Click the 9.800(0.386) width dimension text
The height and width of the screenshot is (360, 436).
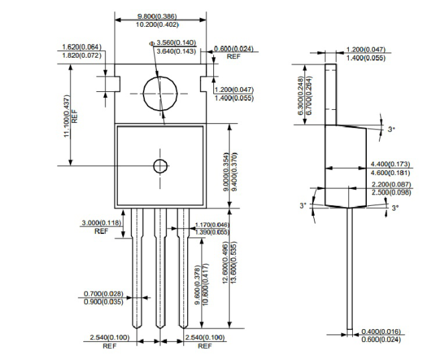point(157,16)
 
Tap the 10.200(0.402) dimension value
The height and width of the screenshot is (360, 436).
point(157,25)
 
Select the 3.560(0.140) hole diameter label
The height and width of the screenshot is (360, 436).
point(176,43)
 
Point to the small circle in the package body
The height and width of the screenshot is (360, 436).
point(160,166)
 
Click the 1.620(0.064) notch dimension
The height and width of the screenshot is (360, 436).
point(82,47)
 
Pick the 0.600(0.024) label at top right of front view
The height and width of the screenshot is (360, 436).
point(233,49)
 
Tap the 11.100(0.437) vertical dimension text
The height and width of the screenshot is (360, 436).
point(66,116)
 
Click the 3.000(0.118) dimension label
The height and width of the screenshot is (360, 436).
point(101,223)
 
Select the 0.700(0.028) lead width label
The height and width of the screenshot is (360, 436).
point(103,294)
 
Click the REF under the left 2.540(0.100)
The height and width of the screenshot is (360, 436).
point(109,346)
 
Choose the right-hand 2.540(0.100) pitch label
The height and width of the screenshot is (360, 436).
point(205,338)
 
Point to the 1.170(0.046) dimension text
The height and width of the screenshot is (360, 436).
point(213,225)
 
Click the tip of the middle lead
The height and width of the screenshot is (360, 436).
point(160,328)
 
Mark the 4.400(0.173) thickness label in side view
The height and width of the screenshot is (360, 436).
point(390,164)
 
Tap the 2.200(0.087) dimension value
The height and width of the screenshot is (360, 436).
point(391,184)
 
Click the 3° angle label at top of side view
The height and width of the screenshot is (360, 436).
point(392,129)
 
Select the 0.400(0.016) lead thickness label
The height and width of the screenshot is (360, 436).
point(381,331)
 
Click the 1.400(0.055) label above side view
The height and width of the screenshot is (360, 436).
point(366,58)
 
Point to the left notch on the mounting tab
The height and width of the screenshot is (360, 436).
point(117,84)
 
